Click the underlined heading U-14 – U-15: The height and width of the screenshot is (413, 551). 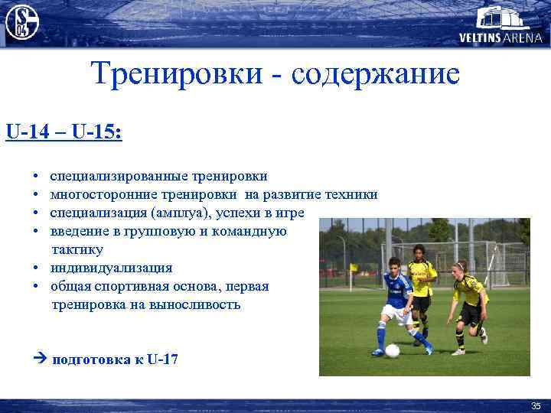click(63, 132)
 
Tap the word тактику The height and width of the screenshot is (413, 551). click(77, 249)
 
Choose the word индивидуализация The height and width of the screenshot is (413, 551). click(111, 268)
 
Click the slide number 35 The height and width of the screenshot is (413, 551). click(535, 405)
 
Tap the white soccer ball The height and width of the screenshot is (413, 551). click(391, 351)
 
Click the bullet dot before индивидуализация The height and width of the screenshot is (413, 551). click(37, 268)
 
